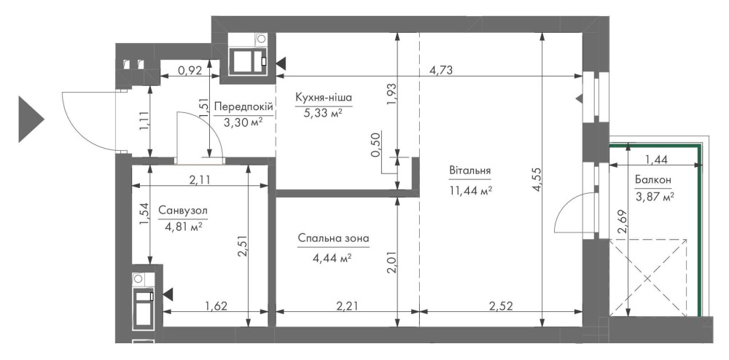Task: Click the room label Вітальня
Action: click(x=470, y=171)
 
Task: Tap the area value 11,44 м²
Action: click(x=470, y=190)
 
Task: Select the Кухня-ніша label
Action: click(x=324, y=98)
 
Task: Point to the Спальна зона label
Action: click(x=334, y=239)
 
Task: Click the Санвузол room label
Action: click(x=183, y=211)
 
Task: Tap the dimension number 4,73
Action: click(x=441, y=71)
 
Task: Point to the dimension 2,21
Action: click(x=348, y=305)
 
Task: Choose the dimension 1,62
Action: click(x=217, y=305)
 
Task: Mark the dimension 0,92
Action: click(x=190, y=71)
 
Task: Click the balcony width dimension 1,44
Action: click(x=656, y=160)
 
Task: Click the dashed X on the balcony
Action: click(x=648, y=278)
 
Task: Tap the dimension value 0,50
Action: click(x=377, y=144)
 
